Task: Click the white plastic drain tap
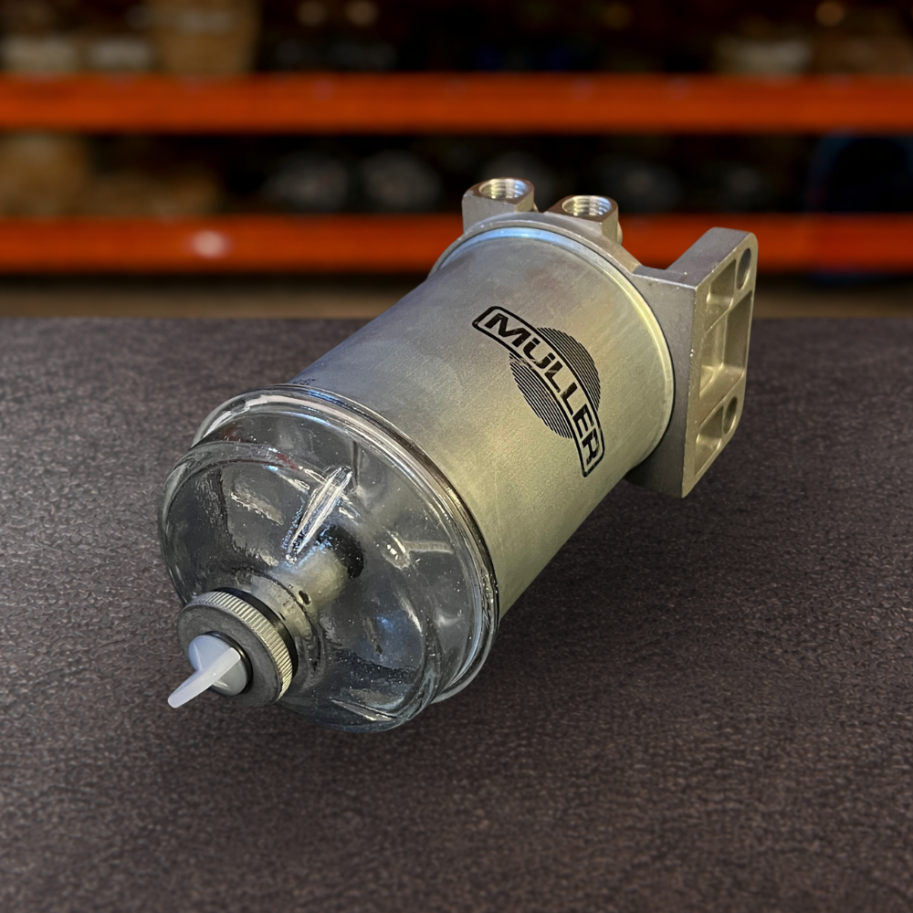tap(205, 669)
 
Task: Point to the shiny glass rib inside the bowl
tap(319, 507)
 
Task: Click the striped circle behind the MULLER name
tap(554, 382)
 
